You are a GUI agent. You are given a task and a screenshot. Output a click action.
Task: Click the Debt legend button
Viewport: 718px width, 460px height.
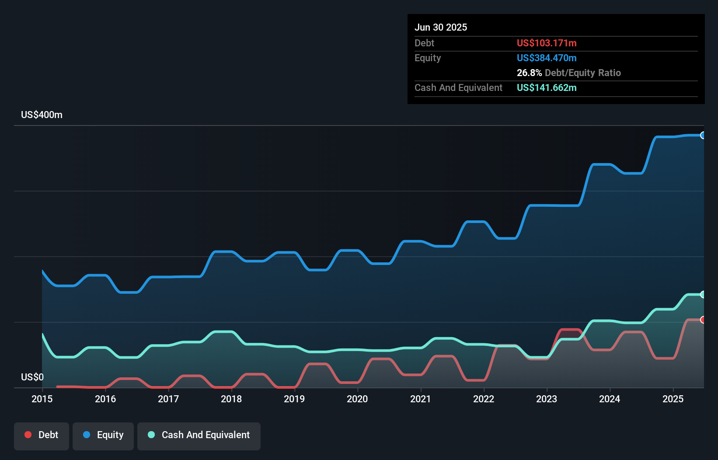[42, 436]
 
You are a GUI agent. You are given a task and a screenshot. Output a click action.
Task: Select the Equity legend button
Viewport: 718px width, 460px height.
[103, 436]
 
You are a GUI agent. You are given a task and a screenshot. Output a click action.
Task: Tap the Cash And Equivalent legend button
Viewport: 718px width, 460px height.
[199, 436]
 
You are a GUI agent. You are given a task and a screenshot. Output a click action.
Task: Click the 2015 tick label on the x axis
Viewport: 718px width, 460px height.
[42, 399]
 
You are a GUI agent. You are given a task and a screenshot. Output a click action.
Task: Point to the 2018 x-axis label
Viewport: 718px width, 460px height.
[231, 399]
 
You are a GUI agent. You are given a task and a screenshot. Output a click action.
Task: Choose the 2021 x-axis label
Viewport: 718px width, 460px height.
[420, 399]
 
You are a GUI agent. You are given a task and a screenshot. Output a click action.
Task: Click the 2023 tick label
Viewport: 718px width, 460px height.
[547, 399]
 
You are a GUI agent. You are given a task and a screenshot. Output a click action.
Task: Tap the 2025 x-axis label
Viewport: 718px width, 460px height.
[673, 399]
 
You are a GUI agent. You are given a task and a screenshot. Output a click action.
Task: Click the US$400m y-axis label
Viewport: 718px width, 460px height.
[42, 115]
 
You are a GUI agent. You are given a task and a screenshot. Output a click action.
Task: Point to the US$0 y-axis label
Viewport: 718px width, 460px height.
[32, 377]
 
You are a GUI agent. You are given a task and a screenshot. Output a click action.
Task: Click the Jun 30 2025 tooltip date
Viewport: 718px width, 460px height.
[441, 28]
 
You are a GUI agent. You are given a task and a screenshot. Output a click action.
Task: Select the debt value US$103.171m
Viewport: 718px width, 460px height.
[547, 43]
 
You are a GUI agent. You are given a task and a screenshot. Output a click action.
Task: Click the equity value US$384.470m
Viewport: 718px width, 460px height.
[547, 58]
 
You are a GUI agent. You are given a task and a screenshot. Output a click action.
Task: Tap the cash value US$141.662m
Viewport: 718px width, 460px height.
[547, 88]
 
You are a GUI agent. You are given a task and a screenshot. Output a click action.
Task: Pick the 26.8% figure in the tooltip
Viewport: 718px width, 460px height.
[529, 73]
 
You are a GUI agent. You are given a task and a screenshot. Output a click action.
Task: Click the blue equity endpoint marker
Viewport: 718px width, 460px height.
[703, 136]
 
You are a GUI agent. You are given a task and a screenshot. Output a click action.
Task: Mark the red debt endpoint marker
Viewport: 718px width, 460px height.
[703, 320]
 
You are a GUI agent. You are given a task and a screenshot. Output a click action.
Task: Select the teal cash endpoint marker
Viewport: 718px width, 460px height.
[703, 295]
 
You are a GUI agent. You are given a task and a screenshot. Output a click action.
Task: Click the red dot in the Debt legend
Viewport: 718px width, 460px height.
[28, 435]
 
